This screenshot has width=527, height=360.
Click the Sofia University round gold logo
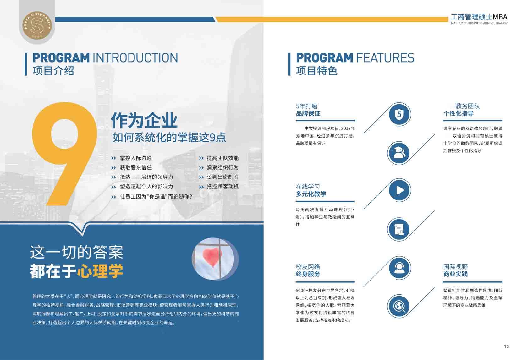click(37, 25)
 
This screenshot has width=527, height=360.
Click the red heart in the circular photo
click(212, 257)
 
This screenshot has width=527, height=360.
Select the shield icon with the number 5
click(399, 114)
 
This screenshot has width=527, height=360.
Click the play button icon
click(399, 190)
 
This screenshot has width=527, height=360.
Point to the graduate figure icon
click(399, 153)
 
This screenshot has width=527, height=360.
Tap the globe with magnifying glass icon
click(399, 306)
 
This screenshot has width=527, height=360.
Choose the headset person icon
click(399, 268)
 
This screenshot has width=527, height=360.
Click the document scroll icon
click(399, 229)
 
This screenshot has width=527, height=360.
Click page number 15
click(506, 346)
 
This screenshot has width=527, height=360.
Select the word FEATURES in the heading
click(385, 58)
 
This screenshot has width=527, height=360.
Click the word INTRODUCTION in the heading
click(135, 58)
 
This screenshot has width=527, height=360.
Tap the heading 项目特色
click(317, 71)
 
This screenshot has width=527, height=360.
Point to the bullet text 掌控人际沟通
click(136, 158)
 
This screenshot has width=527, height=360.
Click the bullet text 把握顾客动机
click(222, 187)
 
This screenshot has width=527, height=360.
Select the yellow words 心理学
click(100, 271)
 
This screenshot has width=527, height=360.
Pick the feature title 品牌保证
click(308, 114)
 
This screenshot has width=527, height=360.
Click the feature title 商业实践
click(455, 274)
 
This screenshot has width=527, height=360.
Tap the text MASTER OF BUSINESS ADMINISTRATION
click(479, 23)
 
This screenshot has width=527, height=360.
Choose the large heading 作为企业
click(144, 120)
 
